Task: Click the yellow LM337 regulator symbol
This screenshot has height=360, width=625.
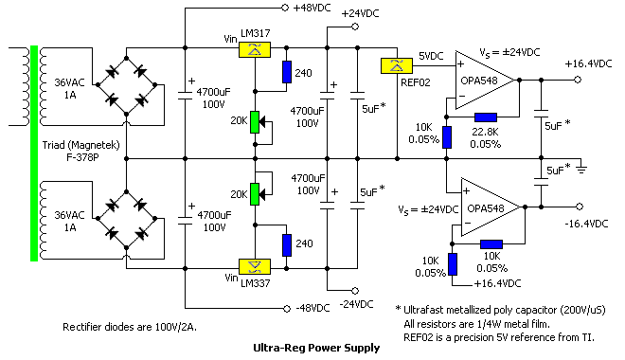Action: pyautogui.click(x=253, y=263)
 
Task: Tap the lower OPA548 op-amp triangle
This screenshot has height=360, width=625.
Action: pyautogui.click(x=497, y=207)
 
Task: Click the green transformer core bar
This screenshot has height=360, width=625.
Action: pyautogui.click(x=34, y=153)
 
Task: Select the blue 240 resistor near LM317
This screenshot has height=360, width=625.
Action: pyautogui.click(x=288, y=72)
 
